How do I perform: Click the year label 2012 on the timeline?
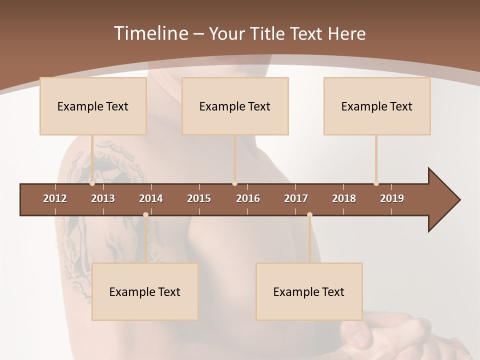point(55,198)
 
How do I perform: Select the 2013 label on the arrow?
point(103,198)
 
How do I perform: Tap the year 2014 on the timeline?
point(151,198)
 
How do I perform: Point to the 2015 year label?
point(199,198)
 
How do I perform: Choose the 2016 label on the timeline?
point(248,198)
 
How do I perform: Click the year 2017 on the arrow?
point(296,198)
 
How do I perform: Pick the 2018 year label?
point(344,198)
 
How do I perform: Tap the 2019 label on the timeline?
point(392,198)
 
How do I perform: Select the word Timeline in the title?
point(150,33)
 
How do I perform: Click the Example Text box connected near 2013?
point(93,106)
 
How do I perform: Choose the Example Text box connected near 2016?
point(235,106)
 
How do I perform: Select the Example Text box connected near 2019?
point(377,106)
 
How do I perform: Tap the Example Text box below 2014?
point(145,291)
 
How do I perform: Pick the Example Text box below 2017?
point(309,291)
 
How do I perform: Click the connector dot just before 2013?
point(92,183)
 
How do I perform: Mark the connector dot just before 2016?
point(234,183)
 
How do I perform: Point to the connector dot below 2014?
point(145,214)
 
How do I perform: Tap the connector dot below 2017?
point(309,214)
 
